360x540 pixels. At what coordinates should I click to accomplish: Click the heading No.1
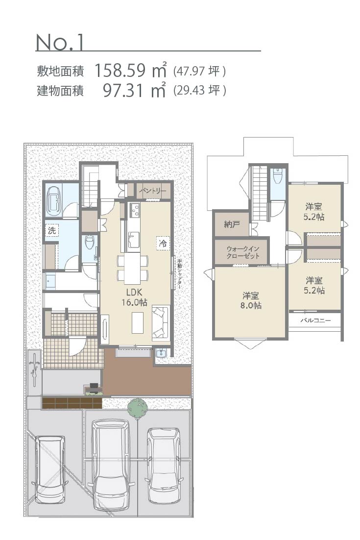pos(60,42)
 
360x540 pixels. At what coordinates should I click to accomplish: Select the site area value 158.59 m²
pos(130,70)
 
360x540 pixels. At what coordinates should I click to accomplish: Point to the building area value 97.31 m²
pos(135,90)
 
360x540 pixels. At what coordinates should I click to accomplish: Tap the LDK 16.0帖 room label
pos(135,297)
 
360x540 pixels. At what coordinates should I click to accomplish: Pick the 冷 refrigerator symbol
pos(163,243)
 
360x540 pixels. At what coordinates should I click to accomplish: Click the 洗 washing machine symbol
pos(51,230)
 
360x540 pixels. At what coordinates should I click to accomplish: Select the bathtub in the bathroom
pos(54,201)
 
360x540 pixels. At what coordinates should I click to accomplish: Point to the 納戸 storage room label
pos(232,224)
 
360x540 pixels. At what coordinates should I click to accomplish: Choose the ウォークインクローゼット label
pos(243,252)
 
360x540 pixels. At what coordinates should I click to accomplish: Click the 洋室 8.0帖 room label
pos(251,300)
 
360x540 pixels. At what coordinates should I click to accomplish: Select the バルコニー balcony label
pos(315,320)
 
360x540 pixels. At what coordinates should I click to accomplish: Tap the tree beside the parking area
pos(138,409)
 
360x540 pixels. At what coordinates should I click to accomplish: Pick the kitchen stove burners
pos(134,210)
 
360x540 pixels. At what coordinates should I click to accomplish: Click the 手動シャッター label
pos(179,274)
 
